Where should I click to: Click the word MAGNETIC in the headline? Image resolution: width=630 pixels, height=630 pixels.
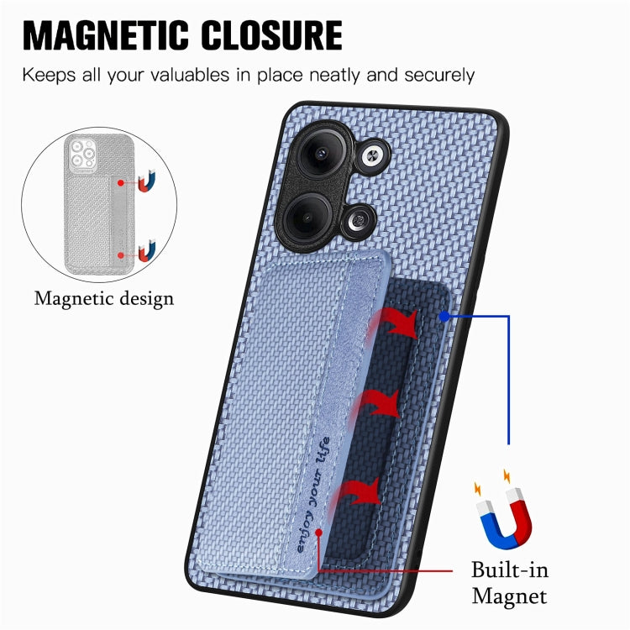coord(105,35)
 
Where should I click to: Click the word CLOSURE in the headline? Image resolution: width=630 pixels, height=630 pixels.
coord(271,35)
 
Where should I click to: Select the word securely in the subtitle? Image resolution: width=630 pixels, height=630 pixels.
coord(439,76)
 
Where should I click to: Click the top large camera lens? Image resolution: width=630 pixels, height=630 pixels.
coord(322,153)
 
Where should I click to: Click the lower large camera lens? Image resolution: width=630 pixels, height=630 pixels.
coord(307,218)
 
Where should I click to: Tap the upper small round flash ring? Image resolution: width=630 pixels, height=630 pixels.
coord(372,157)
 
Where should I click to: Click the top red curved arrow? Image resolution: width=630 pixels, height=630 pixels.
coord(394,322)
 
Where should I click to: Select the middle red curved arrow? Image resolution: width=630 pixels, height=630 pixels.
coord(376,404)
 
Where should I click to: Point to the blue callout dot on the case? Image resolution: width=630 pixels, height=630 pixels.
coord(444,317)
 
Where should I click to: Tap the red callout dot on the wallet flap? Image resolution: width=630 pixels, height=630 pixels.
coord(318,533)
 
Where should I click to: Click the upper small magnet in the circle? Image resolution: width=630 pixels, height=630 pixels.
coord(146,181)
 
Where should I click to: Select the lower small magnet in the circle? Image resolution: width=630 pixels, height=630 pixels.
coord(147,251)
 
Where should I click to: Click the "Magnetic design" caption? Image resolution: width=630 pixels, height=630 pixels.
coord(104,299)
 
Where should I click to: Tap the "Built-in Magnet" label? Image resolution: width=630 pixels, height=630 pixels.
coord(510,583)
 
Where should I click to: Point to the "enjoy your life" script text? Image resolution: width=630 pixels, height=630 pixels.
coord(313,494)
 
